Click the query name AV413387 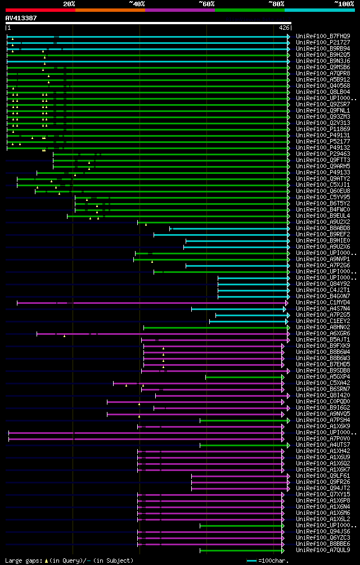click(21, 18)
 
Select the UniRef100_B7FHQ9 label click(323, 37)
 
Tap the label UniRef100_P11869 click(323, 129)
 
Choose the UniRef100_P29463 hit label click(323, 154)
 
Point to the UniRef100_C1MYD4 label click(323, 303)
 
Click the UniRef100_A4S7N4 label click(323, 309)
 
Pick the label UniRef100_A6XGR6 click(323, 334)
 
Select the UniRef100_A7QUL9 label click(323, 550)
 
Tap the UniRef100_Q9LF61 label click(323, 476)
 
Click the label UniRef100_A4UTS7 click(323, 445)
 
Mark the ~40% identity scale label click(137, 3)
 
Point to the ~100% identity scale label click(344, 3)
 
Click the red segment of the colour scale click(40, 10)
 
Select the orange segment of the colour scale click(110, 10)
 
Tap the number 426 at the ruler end click(284, 28)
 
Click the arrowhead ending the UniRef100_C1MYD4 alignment click(286, 303)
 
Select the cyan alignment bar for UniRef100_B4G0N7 click(253, 297)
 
